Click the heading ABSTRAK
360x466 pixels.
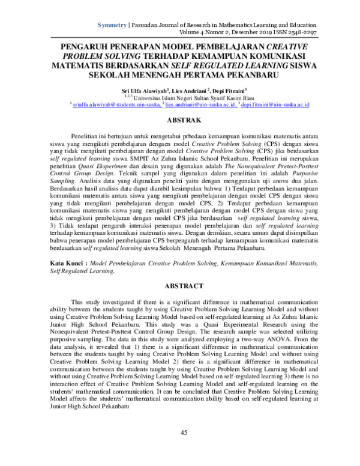point(180,121)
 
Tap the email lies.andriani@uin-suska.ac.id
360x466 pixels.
point(192,104)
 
